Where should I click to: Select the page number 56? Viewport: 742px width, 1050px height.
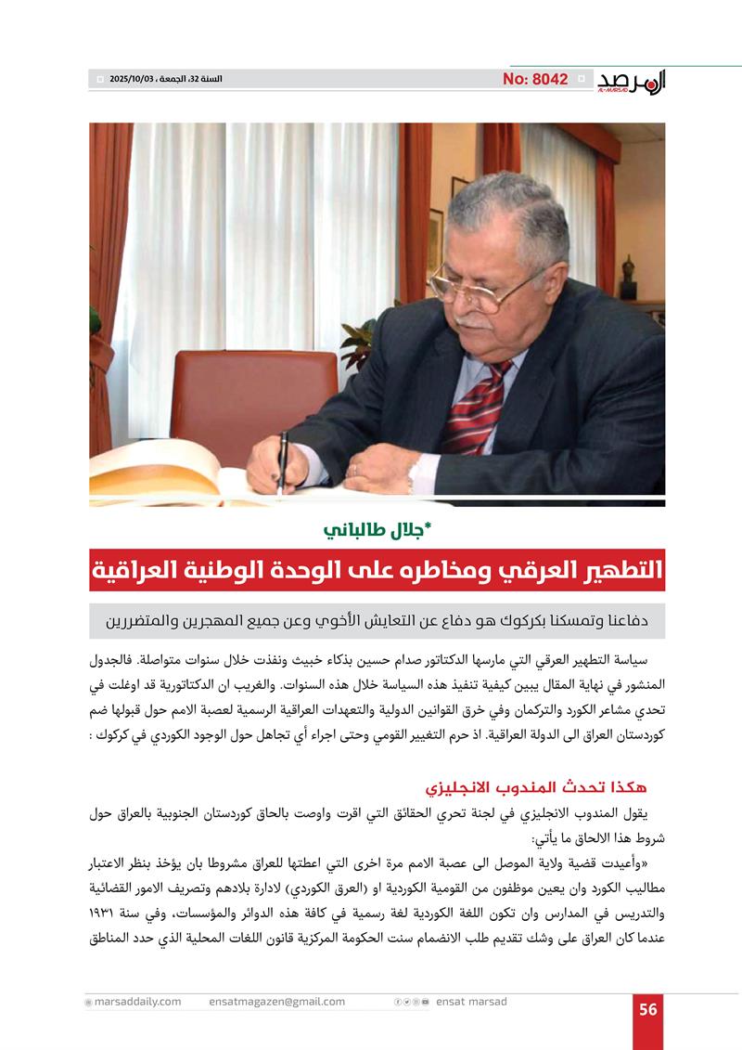tap(648, 1008)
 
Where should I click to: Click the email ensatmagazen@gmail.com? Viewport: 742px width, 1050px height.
tap(276, 1002)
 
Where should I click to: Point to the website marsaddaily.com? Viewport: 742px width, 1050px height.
tap(136, 1002)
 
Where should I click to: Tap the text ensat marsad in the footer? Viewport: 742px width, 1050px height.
tap(471, 1002)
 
